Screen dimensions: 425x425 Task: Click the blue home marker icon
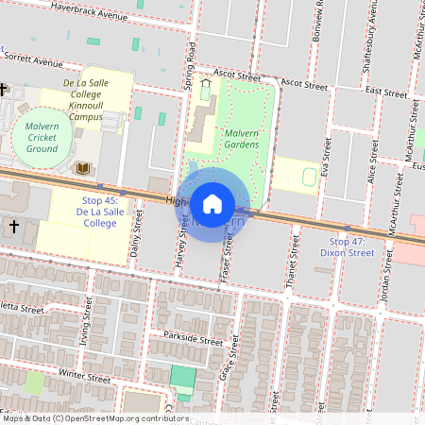pyautogui.click(x=212, y=203)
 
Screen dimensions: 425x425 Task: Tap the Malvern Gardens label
pyautogui.click(x=248, y=140)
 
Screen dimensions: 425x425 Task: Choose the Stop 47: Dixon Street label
pyautogui.click(x=346, y=247)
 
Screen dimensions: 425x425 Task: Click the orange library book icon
pyautogui.click(x=83, y=168)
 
